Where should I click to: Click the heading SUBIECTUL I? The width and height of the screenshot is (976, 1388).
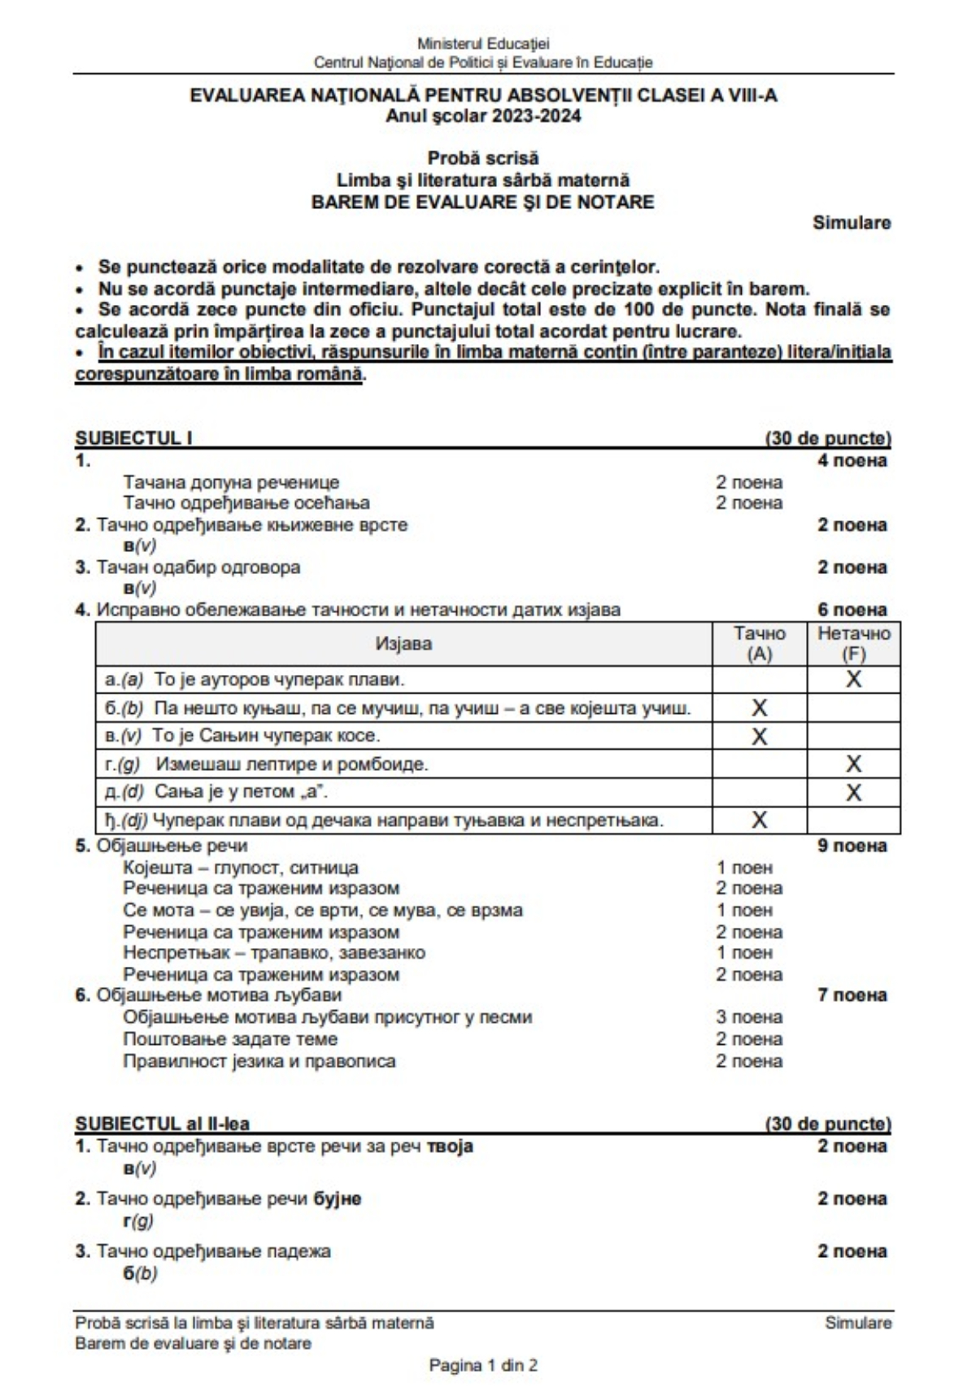point(133,438)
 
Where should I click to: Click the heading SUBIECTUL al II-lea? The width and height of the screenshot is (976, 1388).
point(162,1124)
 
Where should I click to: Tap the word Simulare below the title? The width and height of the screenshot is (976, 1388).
point(852,223)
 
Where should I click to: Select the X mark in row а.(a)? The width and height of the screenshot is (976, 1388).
point(853,679)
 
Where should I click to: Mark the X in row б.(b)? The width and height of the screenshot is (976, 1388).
point(759,707)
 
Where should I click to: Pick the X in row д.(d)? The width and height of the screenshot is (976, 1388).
point(853,792)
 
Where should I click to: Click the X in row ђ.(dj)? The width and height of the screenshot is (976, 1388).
point(759,820)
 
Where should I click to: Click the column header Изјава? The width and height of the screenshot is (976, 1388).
point(403,644)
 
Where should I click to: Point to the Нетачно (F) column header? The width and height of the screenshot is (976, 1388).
point(853,643)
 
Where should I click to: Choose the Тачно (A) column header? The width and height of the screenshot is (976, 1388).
point(760,643)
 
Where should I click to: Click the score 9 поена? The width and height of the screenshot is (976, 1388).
point(852,846)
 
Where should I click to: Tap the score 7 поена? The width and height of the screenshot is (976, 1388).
point(852,995)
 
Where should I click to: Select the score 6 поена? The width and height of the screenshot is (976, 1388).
point(852,610)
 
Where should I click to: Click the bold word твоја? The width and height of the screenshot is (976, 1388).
point(450,1147)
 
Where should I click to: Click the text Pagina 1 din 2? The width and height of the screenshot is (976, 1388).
point(483,1365)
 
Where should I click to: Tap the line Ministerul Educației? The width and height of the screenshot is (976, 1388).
point(483,43)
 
